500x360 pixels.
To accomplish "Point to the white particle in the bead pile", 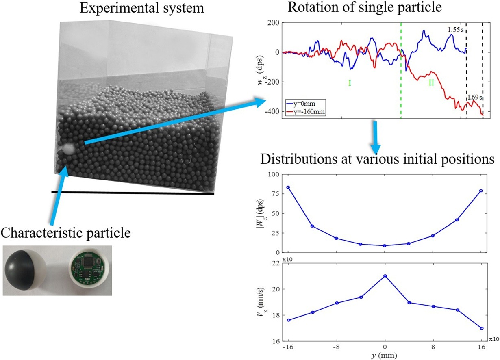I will (x=68, y=149).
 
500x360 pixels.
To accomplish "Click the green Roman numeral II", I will (x=432, y=83).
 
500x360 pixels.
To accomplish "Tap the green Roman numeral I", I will (x=349, y=83).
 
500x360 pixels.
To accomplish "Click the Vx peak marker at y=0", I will (x=385, y=276).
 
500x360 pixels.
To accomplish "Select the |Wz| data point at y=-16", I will (x=288, y=187).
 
